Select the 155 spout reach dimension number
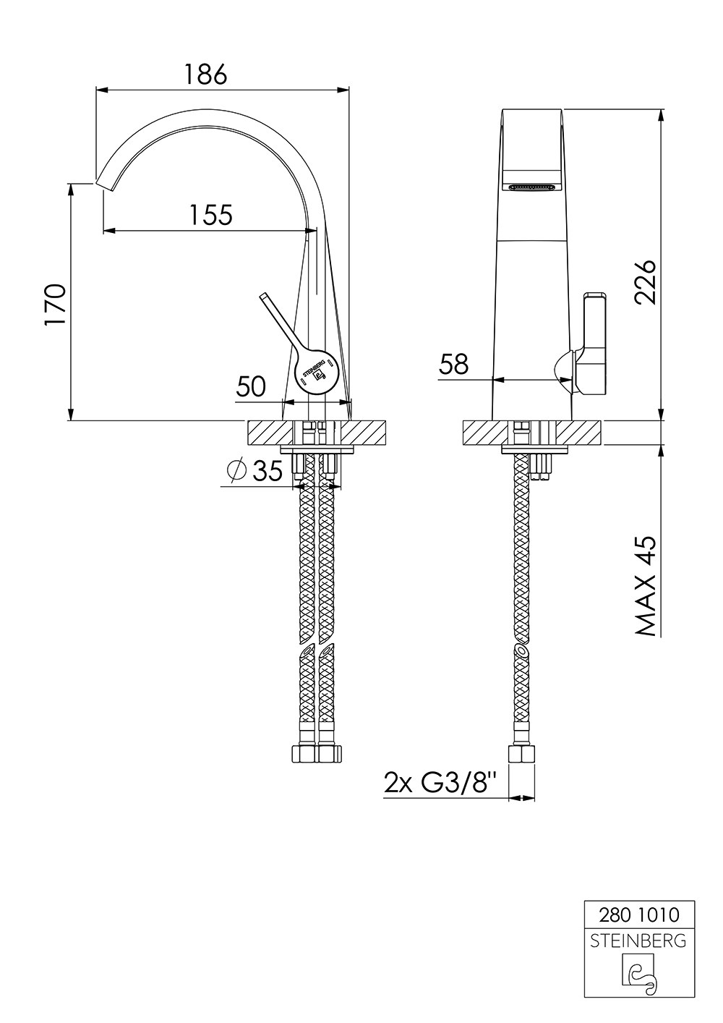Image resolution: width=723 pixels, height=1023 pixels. [211, 215]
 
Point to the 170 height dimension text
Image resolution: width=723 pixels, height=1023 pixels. [55, 305]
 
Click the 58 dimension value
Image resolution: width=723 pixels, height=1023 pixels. [454, 365]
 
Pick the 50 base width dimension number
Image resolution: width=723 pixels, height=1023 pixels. [251, 387]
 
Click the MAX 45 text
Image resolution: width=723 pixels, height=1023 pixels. [645, 586]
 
